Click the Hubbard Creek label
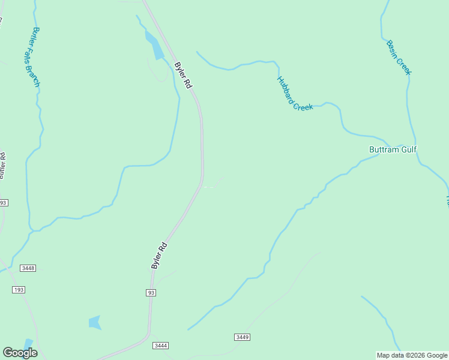coord(295,94)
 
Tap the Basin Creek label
coord(399,58)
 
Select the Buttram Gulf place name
coord(393,149)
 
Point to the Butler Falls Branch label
coord(36,57)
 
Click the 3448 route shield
coord(28,268)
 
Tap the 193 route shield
coord(19,290)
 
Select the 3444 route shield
coord(160,346)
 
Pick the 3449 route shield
coord(242,337)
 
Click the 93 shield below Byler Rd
coord(151,292)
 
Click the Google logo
coord(20,353)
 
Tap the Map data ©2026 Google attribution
coord(412,355)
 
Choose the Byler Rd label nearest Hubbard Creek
coord(182,76)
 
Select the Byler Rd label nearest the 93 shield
coord(158,255)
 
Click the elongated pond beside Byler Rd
coord(155,46)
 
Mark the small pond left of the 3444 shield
coord(95,323)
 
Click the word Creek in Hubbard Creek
coord(303,103)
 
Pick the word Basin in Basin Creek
coord(393,49)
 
